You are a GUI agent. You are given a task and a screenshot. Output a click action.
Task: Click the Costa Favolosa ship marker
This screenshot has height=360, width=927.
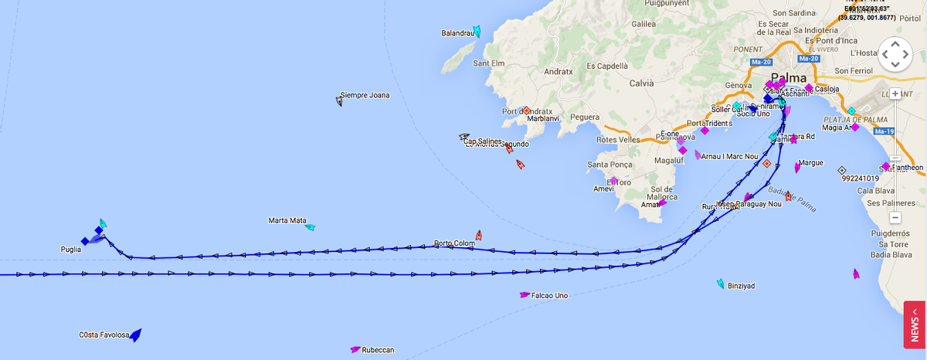(136, 335)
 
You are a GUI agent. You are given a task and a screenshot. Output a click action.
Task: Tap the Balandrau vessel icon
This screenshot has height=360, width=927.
(477, 32)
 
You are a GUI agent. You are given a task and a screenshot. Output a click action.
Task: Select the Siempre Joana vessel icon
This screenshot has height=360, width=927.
(339, 100)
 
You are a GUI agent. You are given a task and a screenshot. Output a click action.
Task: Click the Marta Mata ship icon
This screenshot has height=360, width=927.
(311, 227)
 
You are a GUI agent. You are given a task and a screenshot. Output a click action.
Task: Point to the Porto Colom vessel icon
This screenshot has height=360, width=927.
(479, 234)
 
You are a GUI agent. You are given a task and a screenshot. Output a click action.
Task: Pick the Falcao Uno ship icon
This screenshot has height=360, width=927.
(525, 294)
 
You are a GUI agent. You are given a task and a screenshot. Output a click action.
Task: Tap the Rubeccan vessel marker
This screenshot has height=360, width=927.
(355, 349)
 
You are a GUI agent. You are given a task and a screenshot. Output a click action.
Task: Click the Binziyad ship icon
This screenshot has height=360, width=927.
(721, 284)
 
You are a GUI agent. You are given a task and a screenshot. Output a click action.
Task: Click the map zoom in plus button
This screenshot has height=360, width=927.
(895, 93)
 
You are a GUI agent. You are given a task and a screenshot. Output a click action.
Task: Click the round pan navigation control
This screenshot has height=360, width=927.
(895, 54)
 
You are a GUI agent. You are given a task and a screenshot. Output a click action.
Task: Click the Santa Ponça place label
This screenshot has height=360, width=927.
(610, 165)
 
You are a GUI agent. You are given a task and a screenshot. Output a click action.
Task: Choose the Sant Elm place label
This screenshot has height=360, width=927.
(488, 63)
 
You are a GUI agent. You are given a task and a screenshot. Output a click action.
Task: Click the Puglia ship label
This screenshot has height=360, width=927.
(71, 250)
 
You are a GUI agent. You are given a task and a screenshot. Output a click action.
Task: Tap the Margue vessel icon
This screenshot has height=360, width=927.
(797, 167)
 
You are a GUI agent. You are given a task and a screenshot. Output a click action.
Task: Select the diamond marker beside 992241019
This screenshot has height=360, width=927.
(841, 170)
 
